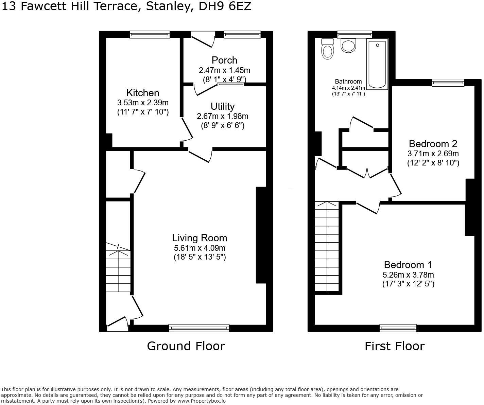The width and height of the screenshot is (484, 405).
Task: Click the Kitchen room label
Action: coord(143,93)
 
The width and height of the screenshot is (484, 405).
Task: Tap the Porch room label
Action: coord(224,60)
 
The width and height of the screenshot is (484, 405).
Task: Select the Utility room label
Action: coord(222,106)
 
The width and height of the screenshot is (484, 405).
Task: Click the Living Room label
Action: coord(200,238)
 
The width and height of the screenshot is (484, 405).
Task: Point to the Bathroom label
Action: coord(348,82)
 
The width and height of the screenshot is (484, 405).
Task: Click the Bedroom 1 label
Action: coord(408,265)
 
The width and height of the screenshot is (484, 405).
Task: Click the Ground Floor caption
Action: coord(186,346)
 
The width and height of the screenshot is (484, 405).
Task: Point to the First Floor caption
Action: coord(394,346)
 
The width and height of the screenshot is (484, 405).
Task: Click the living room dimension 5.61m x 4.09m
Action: coord(200,248)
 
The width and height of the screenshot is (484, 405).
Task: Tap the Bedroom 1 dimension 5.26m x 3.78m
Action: coord(408,275)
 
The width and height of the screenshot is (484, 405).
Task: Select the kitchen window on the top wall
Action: coord(150,34)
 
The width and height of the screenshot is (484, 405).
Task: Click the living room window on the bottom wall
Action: coord(199,328)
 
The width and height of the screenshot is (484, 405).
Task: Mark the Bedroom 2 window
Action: coord(448,82)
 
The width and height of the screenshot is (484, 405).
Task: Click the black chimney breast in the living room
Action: coord(261,235)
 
